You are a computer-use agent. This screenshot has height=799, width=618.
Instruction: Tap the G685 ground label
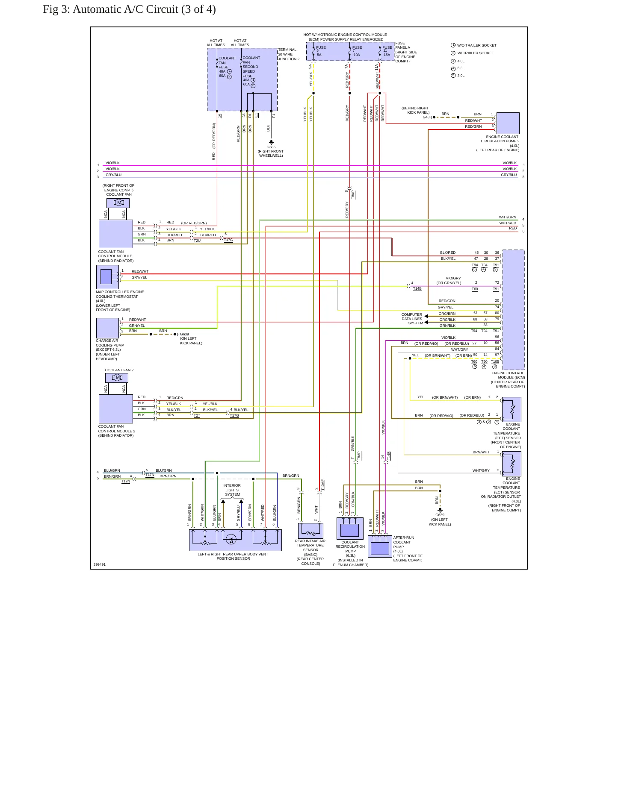pyautogui.click(x=271, y=147)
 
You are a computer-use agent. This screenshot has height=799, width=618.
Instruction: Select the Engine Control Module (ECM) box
pyautogui.click(x=514, y=310)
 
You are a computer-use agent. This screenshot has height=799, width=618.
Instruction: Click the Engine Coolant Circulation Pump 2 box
pyautogui.click(x=508, y=123)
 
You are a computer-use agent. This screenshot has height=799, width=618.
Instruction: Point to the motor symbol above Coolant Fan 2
pyautogui.click(x=117, y=378)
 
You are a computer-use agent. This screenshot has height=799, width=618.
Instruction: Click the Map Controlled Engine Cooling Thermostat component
pyautogui.click(x=107, y=277)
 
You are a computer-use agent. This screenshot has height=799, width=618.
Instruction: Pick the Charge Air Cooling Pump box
pyautogui.click(x=107, y=328)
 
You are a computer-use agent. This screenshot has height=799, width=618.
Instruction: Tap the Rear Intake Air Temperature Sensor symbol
pyautogui.click(x=310, y=531)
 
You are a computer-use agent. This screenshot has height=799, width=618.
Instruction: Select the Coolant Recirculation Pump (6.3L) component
pyautogui.click(x=350, y=529)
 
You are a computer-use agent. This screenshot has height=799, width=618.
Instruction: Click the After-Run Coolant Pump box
pyautogui.click(x=380, y=546)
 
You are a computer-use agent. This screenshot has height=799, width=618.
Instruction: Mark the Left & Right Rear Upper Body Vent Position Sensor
pyautogui.click(x=235, y=540)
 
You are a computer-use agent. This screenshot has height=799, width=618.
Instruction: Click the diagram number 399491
pyautogui.click(x=100, y=564)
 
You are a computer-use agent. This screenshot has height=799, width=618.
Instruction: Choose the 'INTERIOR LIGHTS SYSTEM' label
pyautogui.click(x=232, y=490)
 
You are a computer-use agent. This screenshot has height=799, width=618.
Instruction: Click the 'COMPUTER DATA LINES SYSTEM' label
pyautogui.click(x=412, y=319)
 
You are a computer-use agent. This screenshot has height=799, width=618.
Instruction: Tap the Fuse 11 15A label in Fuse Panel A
pyautogui.click(x=387, y=51)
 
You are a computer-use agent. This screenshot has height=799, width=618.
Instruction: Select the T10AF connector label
pyautogui.click(x=323, y=485)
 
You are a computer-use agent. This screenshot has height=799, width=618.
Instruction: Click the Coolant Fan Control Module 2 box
pyautogui.click(x=116, y=409)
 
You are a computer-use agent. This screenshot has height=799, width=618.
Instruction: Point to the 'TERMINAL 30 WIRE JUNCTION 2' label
pyautogui.click(x=289, y=54)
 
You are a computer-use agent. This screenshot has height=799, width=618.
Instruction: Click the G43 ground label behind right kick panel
pyautogui.click(x=426, y=117)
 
